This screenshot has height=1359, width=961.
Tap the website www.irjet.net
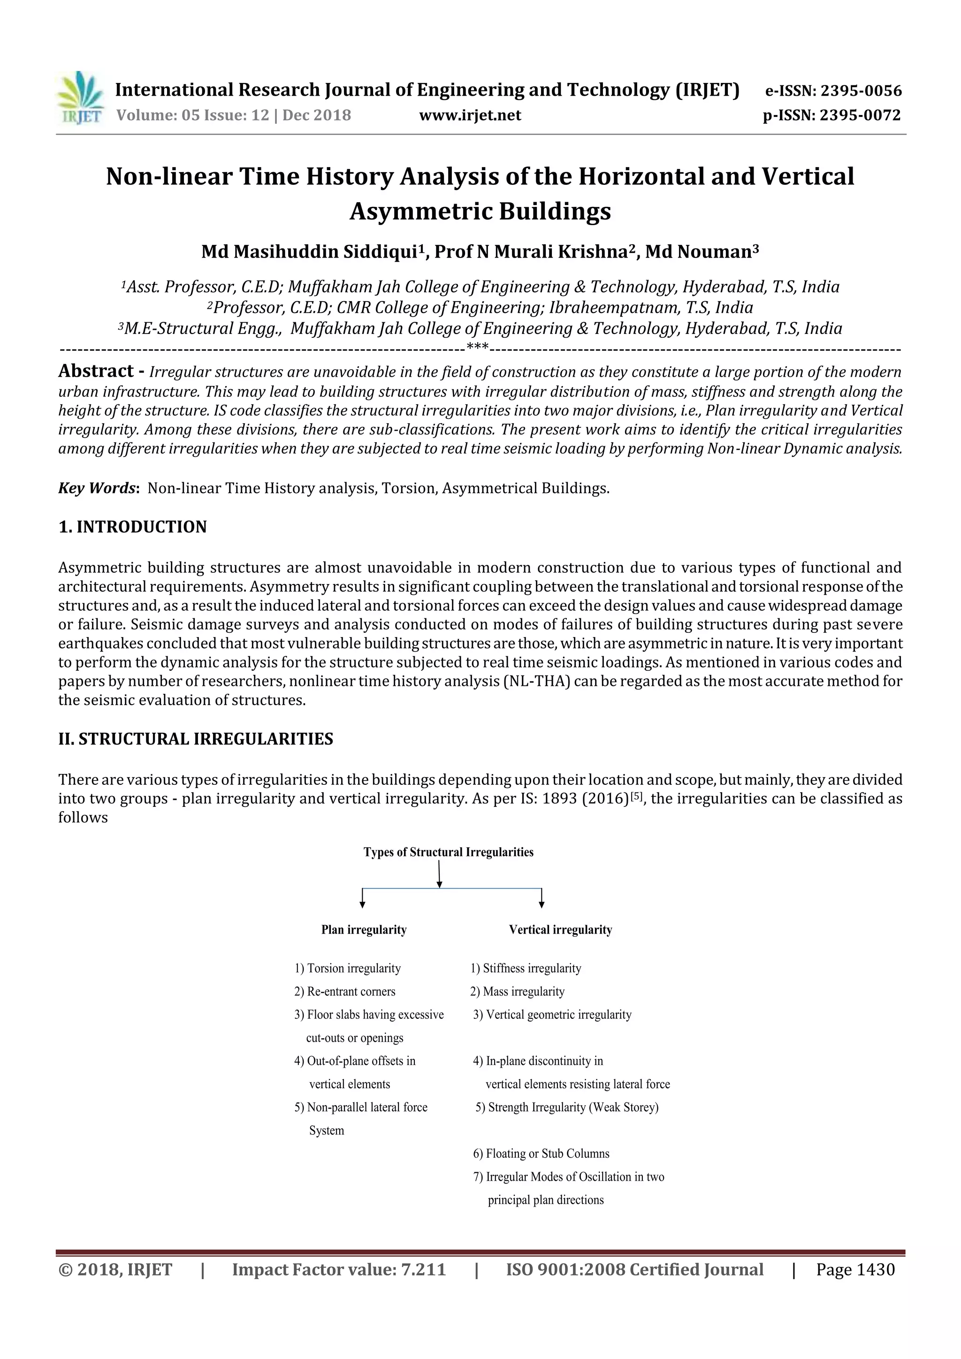[470, 115]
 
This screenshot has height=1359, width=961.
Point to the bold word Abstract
[96, 371]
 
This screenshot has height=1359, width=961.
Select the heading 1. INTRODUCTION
[133, 527]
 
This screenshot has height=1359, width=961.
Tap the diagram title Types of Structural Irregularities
[448, 852]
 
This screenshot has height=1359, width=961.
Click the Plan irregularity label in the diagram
[364, 930]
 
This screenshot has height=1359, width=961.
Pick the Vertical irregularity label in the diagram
[560, 930]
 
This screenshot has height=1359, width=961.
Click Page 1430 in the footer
[855, 1270]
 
